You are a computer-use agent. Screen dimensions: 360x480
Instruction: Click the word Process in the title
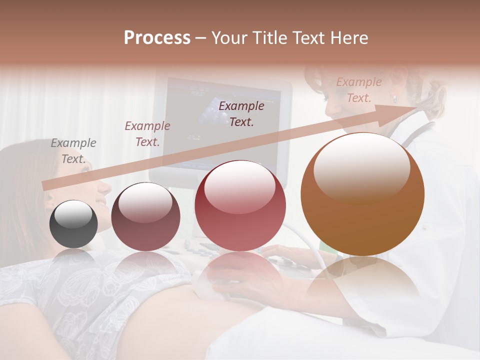click(x=157, y=38)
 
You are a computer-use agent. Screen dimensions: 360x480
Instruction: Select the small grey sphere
click(x=73, y=224)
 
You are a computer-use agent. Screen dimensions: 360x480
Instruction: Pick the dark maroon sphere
click(x=145, y=216)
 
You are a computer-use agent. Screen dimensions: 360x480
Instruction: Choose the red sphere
click(x=240, y=205)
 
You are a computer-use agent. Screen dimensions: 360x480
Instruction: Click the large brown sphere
click(x=362, y=194)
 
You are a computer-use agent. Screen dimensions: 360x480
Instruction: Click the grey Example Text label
click(x=73, y=151)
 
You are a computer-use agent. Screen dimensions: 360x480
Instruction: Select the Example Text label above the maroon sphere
click(x=147, y=134)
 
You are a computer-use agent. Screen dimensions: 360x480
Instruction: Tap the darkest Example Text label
click(x=241, y=113)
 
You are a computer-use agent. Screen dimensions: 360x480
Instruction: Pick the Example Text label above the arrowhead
click(x=359, y=90)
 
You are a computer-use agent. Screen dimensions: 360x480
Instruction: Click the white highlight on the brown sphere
click(x=361, y=167)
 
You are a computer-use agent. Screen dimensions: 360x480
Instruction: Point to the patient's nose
click(x=105, y=187)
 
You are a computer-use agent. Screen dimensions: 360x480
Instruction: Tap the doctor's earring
click(x=394, y=98)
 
